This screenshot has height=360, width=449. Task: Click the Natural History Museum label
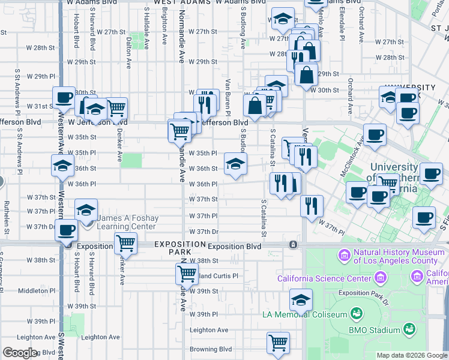[x=396, y=256]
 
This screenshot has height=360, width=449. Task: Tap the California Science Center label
[x=325, y=278]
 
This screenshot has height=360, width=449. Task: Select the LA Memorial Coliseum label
[x=304, y=314]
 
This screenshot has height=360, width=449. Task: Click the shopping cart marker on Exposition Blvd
[x=125, y=243]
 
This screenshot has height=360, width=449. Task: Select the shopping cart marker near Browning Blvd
[x=278, y=343]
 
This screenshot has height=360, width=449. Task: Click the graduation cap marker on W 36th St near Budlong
[x=235, y=163]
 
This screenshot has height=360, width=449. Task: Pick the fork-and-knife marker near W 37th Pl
[x=312, y=205]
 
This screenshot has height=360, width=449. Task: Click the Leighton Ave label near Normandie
[x=209, y=330]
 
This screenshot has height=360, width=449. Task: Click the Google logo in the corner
[x=20, y=353]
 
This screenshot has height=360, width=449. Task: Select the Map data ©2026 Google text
[x=411, y=355]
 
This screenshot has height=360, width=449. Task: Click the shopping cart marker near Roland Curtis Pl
[x=187, y=274]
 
